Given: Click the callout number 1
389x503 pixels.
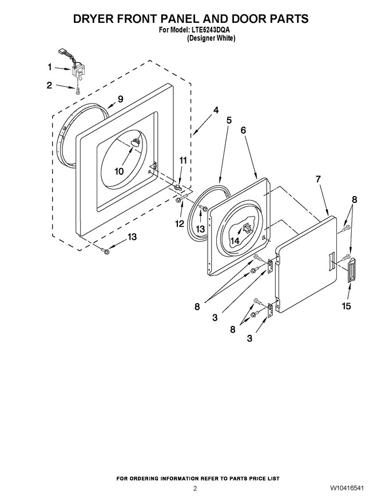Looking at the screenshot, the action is tap(50, 67).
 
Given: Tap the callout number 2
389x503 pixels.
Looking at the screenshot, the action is tap(49, 85).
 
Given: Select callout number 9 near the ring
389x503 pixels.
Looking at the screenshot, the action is tap(120, 99).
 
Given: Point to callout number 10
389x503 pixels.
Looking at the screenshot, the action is tap(119, 171).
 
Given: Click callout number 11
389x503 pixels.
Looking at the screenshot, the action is tap(183, 161).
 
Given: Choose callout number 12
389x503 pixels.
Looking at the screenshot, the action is tap(180, 223).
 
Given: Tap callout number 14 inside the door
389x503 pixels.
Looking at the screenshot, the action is tap(235, 241).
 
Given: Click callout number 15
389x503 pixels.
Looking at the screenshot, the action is tap(346, 306).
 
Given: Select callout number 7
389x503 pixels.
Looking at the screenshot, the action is tap(318, 179).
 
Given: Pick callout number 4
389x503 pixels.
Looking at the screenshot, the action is tap(216, 110).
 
